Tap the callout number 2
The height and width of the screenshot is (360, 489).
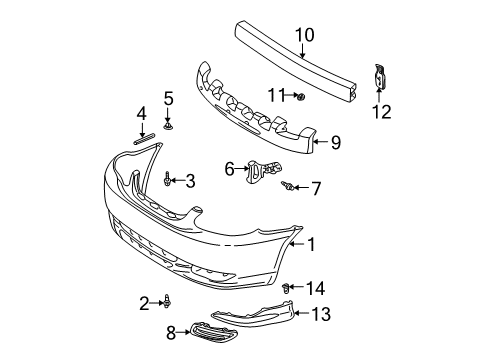pos(143,301)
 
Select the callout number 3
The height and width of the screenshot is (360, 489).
pos(188,180)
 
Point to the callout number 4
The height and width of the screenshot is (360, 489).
pos(142,113)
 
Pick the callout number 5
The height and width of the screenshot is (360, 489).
pos(169,98)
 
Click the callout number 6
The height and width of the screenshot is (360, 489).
pos(228,170)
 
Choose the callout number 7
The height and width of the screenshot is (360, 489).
pos(316,187)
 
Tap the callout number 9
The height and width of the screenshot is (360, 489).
pos(336,143)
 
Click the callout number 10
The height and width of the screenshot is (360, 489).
pos(305,36)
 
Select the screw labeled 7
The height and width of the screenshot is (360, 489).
pos(290,185)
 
